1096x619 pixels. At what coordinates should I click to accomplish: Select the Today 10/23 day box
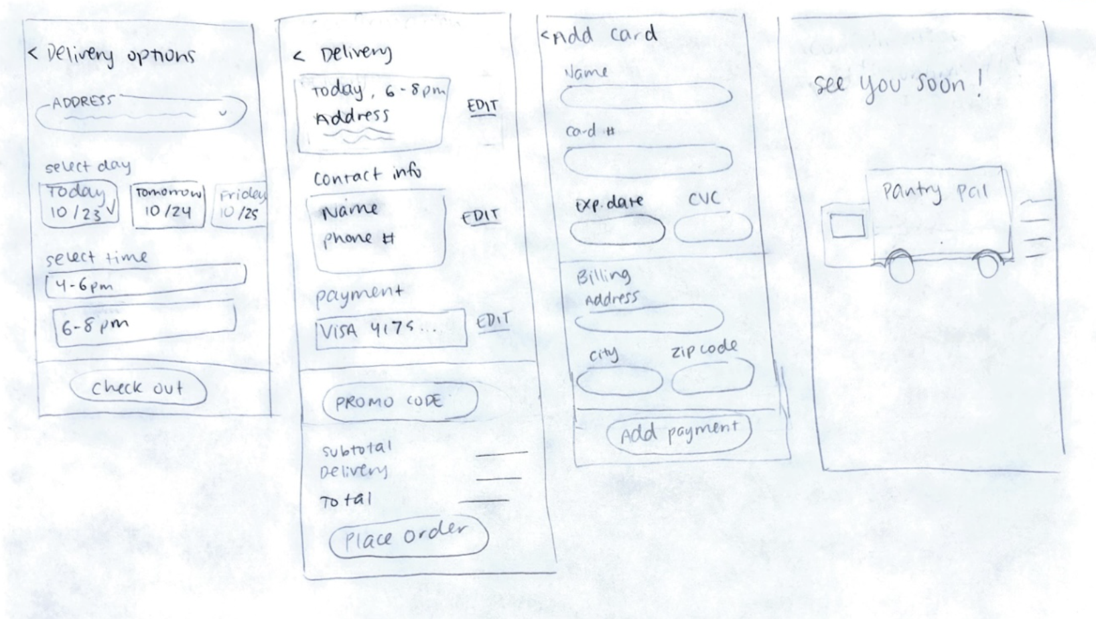tap(78, 203)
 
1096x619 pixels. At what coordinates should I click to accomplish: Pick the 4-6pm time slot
tap(145, 281)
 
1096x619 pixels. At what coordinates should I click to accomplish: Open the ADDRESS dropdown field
tap(141, 111)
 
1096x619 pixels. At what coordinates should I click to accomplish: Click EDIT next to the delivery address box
tap(482, 107)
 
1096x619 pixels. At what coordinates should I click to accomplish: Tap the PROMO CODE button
tap(400, 402)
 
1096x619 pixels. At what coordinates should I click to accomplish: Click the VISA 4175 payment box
tap(391, 330)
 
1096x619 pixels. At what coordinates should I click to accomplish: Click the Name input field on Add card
tap(646, 96)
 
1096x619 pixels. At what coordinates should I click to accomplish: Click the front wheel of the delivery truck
tap(901, 265)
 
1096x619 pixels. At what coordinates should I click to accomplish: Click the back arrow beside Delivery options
tap(32, 53)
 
